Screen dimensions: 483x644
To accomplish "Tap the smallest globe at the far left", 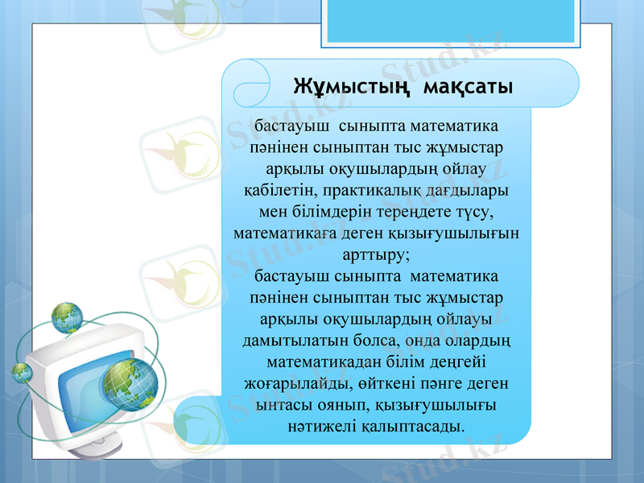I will tap(21, 372).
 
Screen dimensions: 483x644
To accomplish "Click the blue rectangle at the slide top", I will tap(450, 20).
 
